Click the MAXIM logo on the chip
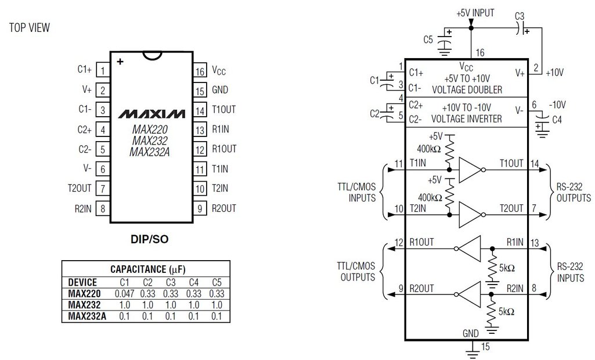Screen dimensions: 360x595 (x=152, y=113)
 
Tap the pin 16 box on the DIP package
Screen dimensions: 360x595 (x=200, y=71)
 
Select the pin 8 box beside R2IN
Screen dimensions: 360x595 (x=103, y=208)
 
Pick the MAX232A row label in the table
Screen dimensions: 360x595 (x=86, y=316)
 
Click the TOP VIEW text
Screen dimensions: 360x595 (x=30, y=27)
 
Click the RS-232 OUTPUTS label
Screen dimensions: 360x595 (x=573, y=193)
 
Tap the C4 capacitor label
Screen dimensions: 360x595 (x=557, y=121)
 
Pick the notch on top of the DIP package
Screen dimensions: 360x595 (x=152, y=56)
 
